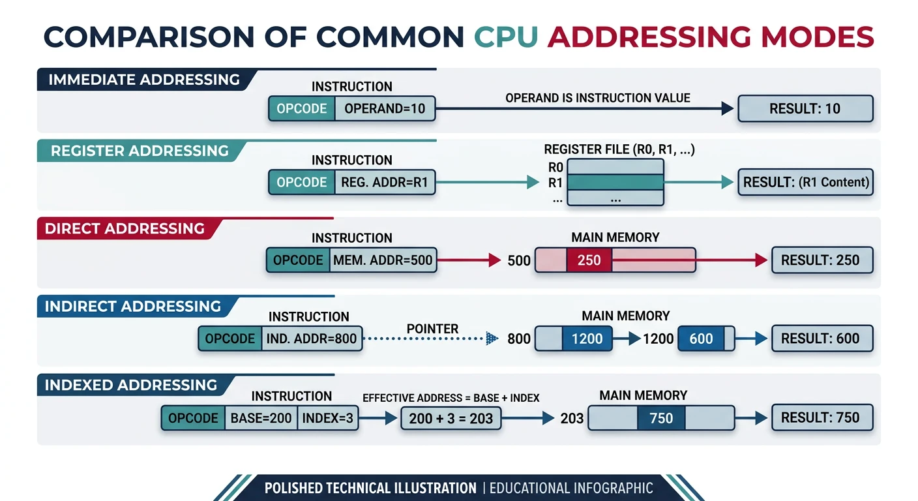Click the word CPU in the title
506,37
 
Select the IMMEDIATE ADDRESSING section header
143,80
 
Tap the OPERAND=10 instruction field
385,109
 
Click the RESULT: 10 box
805,109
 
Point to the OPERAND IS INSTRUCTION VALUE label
597,98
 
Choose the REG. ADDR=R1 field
385,183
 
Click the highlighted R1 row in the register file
615,183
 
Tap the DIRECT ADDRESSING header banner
124,229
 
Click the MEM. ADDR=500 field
383,260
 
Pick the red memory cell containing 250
589,260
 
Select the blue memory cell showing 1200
587,339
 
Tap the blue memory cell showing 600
701,339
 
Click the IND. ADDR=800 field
312,339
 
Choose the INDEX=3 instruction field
327,418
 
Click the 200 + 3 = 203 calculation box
451,418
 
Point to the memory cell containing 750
660,418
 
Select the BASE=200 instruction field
261,418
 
